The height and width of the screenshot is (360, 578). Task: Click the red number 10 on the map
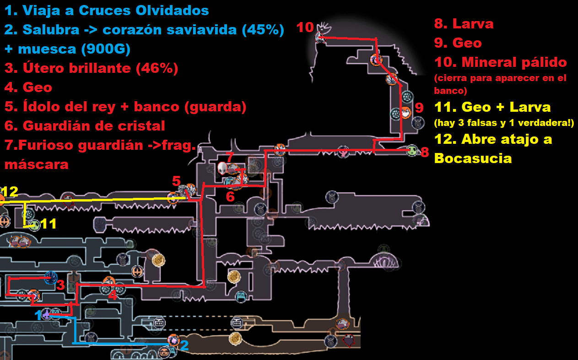(305, 27)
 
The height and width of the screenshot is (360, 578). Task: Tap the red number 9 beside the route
(419, 109)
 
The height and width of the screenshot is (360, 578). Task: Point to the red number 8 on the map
(425, 152)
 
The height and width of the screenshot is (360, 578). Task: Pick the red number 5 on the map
(176, 181)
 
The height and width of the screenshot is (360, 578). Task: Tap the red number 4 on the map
(113, 295)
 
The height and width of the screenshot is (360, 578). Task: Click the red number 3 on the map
(60, 285)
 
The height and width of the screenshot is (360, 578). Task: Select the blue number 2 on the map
(184, 345)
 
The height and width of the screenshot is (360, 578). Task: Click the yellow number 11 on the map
(49, 224)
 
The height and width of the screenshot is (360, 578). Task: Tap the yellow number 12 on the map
(9, 191)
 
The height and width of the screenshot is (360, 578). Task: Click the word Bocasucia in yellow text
(473, 158)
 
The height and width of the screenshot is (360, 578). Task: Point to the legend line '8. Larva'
(464, 23)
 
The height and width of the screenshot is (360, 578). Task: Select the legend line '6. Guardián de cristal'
(85, 125)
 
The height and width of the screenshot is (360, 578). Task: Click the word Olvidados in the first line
(170, 10)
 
